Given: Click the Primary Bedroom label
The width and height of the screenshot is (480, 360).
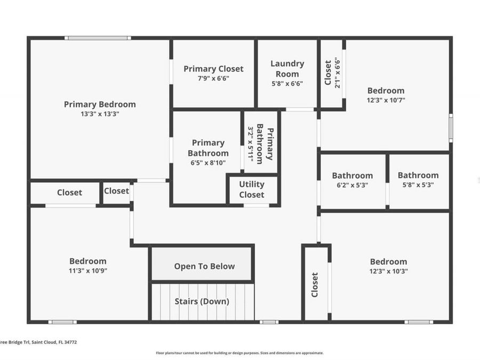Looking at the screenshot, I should point(100,105).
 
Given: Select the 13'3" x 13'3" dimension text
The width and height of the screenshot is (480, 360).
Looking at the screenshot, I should point(100,114).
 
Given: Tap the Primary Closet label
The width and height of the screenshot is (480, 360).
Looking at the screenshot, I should point(213,69).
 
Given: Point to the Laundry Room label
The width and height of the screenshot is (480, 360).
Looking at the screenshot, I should point(287,68).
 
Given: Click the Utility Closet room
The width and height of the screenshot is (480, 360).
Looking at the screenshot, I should point(252,189).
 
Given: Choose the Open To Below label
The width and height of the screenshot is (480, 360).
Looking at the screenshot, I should point(204,266).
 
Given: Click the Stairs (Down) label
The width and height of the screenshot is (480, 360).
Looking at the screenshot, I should point(202,301).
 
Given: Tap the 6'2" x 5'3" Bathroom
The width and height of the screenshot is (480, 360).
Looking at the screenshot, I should point(352,180).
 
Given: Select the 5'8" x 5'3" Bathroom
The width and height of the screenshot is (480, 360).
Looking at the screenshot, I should point(418,180).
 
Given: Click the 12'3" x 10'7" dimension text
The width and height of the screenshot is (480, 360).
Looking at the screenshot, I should point(386,100).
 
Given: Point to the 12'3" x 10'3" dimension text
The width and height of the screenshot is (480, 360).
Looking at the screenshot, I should point(388,271).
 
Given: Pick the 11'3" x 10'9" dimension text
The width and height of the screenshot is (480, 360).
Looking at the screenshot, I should point(87,270).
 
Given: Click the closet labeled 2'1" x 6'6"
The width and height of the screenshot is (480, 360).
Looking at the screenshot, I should point(331,73).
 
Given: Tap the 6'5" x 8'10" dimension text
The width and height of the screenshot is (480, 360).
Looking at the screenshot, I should point(208,163).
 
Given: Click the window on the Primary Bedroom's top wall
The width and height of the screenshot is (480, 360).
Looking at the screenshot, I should point(98,38).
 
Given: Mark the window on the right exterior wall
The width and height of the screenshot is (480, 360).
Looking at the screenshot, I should point(451,128).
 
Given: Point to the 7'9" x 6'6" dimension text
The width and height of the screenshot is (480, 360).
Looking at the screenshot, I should point(213,78).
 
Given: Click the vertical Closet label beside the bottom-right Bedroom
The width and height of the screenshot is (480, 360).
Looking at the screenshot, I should point(315,285).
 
